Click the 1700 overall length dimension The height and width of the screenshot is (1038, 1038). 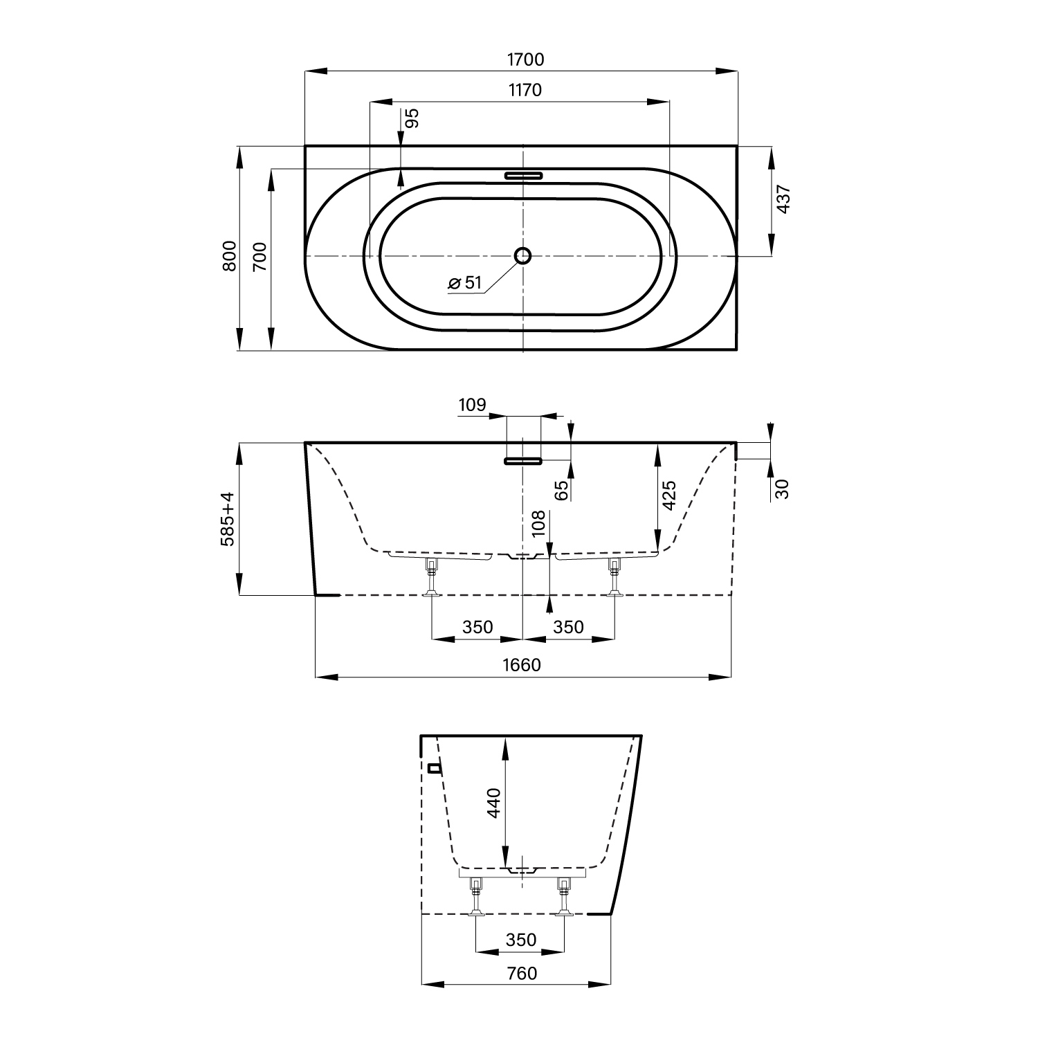coord(526,60)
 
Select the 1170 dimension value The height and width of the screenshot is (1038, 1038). coord(525,90)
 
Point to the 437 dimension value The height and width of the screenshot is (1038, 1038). coord(783,199)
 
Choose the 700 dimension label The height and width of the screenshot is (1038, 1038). coord(259,257)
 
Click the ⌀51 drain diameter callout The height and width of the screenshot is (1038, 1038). coord(464,282)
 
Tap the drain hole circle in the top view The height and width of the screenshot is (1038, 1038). coord(522,256)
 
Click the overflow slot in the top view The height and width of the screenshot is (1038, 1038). coord(524,175)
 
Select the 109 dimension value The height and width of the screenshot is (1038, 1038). coord(473,405)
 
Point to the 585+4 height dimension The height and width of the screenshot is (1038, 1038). coord(228,519)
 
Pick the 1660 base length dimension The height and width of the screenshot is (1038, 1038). coord(522,665)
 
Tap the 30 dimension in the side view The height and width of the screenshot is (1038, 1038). coord(782,489)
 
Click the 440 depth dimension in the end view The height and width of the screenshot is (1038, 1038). coord(493,803)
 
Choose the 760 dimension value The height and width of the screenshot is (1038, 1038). coord(522,974)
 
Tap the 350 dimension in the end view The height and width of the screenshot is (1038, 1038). coord(521,940)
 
